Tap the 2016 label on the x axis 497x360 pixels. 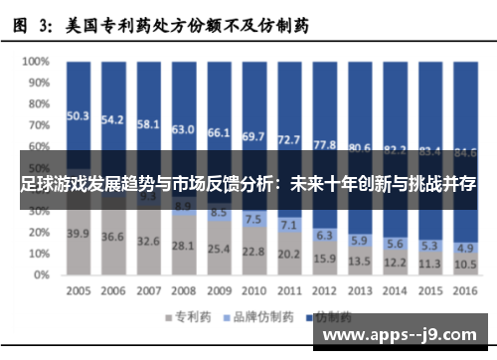(463, 291)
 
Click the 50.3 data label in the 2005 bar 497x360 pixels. (79, 115)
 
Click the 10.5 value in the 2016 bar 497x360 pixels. (463, 264)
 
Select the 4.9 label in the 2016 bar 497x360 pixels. (463, 247)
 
